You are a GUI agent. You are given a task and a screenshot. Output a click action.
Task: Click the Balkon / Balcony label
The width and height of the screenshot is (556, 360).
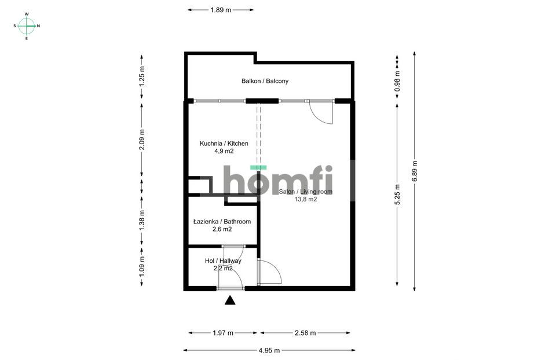tap(265, 81)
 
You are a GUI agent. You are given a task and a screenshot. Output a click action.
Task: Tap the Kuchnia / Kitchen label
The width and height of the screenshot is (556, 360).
tap(224, 144)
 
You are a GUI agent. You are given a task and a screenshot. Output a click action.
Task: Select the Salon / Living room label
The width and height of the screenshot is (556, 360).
tap(305, 192)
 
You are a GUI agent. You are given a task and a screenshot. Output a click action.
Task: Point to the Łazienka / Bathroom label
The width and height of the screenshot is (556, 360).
tap(222, 222)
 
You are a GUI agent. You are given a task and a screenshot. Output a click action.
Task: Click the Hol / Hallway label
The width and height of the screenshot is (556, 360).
tap(223, 261)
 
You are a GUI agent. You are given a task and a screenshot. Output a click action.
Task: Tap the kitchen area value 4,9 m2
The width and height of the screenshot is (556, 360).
tap(224, 151)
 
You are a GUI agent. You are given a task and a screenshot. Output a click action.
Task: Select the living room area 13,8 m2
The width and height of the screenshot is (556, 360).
tap(306, 199)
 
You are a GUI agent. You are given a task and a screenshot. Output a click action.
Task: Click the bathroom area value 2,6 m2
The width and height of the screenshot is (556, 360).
tap(222, 229)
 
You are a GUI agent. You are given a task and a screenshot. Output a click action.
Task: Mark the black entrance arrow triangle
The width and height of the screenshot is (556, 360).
tap(230, 300)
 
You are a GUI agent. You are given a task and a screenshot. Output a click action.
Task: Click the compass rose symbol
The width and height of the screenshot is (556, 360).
tap(27, 26)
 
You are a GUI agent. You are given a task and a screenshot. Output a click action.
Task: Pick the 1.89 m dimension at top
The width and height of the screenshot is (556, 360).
tap(221, 10)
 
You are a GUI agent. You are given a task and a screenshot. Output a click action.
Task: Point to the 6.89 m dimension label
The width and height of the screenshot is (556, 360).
tap(415, 171)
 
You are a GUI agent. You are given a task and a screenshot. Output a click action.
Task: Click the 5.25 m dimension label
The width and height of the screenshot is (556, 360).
tap(397, 194)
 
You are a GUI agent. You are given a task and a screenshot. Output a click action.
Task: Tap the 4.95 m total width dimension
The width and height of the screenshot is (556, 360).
tap(269, 350)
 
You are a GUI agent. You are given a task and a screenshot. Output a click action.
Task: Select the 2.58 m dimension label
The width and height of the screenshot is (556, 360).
tap(305, 333)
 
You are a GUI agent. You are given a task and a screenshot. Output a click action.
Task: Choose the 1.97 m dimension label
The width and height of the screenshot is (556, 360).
tap(223, 333)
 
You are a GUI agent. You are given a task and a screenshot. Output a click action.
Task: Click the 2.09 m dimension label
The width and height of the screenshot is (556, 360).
tap(142, 139)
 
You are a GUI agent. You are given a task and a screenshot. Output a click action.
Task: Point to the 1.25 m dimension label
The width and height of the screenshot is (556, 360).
tap(142, 76)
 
